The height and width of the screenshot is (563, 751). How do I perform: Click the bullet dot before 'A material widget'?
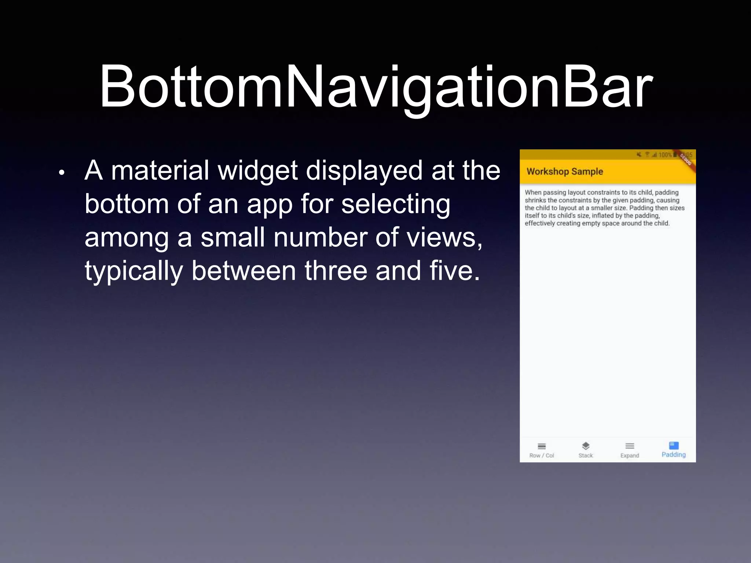point(62,173)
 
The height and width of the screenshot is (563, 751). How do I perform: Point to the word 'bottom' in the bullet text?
point(127,204)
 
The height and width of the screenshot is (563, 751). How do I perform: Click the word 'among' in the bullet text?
point(127,238)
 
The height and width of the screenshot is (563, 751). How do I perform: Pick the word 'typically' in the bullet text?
point(133,271)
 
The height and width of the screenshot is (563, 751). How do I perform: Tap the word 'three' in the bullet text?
point(336,271)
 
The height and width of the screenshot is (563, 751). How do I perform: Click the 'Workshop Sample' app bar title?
point(565,172)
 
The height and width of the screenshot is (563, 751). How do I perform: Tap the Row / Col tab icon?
point(542,446)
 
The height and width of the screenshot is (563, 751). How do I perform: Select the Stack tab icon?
point(586,446)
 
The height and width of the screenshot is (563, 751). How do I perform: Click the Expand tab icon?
point(630,446)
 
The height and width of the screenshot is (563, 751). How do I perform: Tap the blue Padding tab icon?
point(674,445)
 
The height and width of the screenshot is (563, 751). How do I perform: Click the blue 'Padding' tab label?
point(674,455)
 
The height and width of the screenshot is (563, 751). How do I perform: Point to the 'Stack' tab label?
point(586,456)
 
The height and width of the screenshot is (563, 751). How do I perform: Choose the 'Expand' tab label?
point(630,456)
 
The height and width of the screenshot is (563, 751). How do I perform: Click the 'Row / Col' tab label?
point(542,456)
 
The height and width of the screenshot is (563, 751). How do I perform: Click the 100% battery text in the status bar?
point(665,155)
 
